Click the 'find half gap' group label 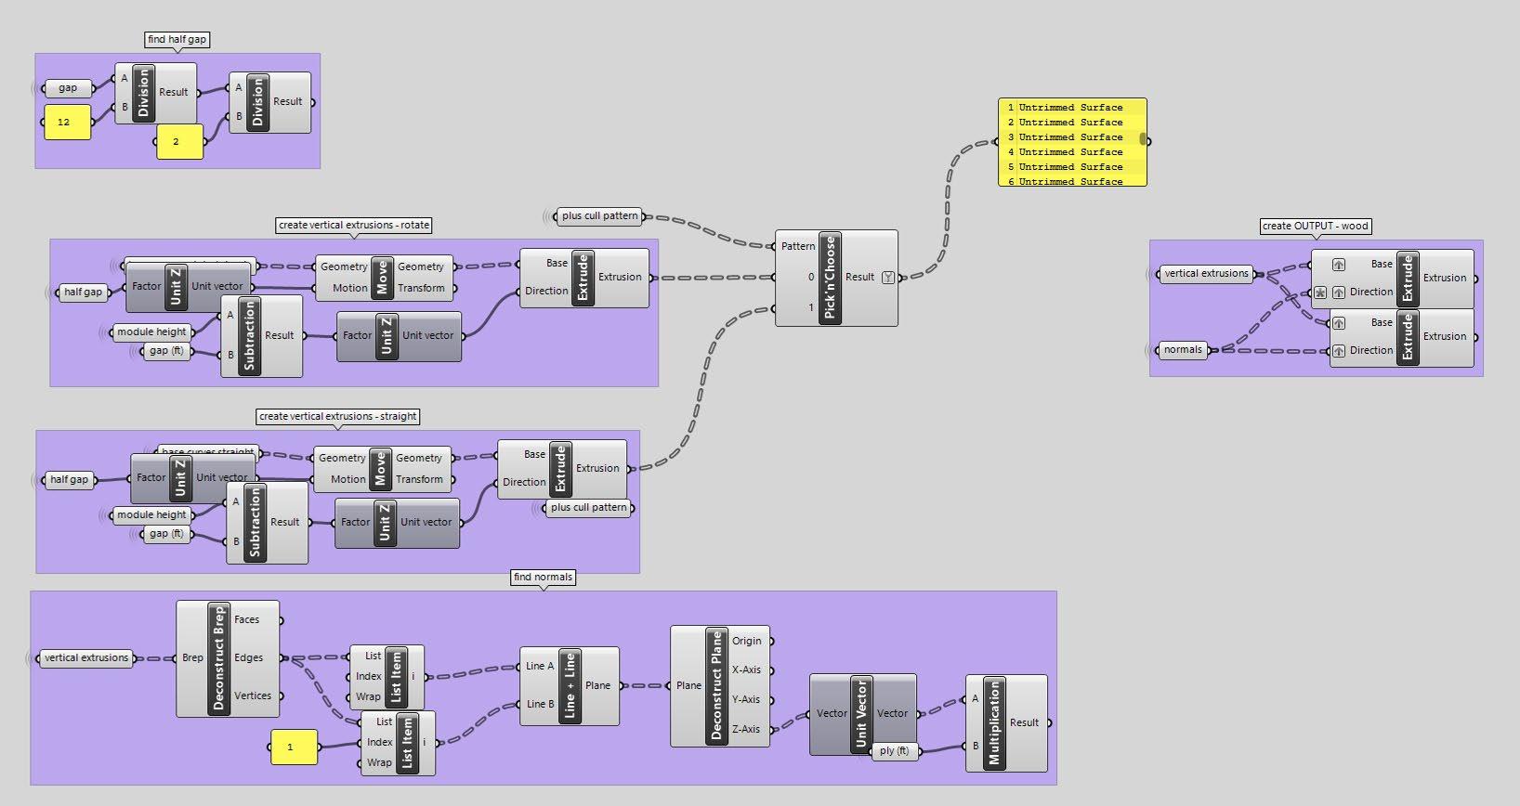click(177, 39)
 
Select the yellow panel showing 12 click(67, 123)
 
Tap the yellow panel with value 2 click(179, 142)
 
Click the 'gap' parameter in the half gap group click(69, 88)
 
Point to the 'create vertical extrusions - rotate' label click(354, 225)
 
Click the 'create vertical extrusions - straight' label click(338, 416)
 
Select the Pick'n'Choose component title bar click(830, 278)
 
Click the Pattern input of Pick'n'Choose click(797, 246)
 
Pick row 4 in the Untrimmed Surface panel click(1070, 152)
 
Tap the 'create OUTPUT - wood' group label click(1315, 226)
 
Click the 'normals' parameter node click(1183, 350)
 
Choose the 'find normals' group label click(543, 577)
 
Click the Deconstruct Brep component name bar click(219, 657)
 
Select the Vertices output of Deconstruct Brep click(253, 695)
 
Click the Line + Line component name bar click(570, 686)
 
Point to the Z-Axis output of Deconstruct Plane click(745, 729)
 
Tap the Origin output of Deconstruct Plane click(746, 641)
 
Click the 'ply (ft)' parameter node click(894, 750)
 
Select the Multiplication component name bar click(994, 722)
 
